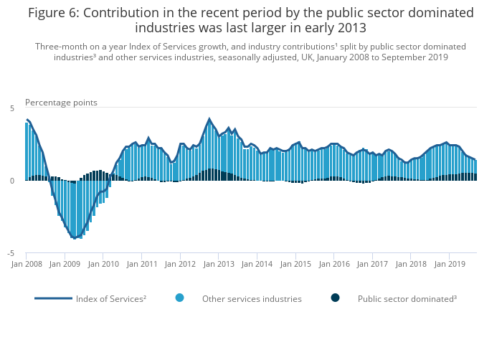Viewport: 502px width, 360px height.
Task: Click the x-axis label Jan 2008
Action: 27,264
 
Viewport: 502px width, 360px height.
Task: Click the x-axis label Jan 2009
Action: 65,264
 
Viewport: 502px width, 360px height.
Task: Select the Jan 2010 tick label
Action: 104,264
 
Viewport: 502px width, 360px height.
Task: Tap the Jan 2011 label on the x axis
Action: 143,264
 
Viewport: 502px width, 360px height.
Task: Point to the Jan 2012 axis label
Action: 181,264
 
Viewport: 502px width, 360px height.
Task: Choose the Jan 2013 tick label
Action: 219,264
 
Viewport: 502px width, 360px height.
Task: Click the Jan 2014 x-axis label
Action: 258,264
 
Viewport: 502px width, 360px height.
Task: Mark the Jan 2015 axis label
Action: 296,264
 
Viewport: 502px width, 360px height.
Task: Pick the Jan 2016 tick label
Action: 335,264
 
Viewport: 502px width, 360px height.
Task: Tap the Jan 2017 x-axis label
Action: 373,264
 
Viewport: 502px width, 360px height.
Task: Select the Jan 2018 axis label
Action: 412,264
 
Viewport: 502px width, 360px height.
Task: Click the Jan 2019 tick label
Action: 450,264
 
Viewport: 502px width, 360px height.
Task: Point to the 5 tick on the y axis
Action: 12,108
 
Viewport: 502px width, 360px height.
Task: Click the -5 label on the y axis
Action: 11,254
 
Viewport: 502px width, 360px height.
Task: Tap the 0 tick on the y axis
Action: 12,181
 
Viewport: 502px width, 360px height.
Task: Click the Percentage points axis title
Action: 61,103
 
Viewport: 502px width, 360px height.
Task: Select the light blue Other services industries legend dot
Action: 179,298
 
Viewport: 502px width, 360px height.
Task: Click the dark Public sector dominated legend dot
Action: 335,298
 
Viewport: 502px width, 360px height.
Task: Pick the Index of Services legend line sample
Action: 53,298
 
